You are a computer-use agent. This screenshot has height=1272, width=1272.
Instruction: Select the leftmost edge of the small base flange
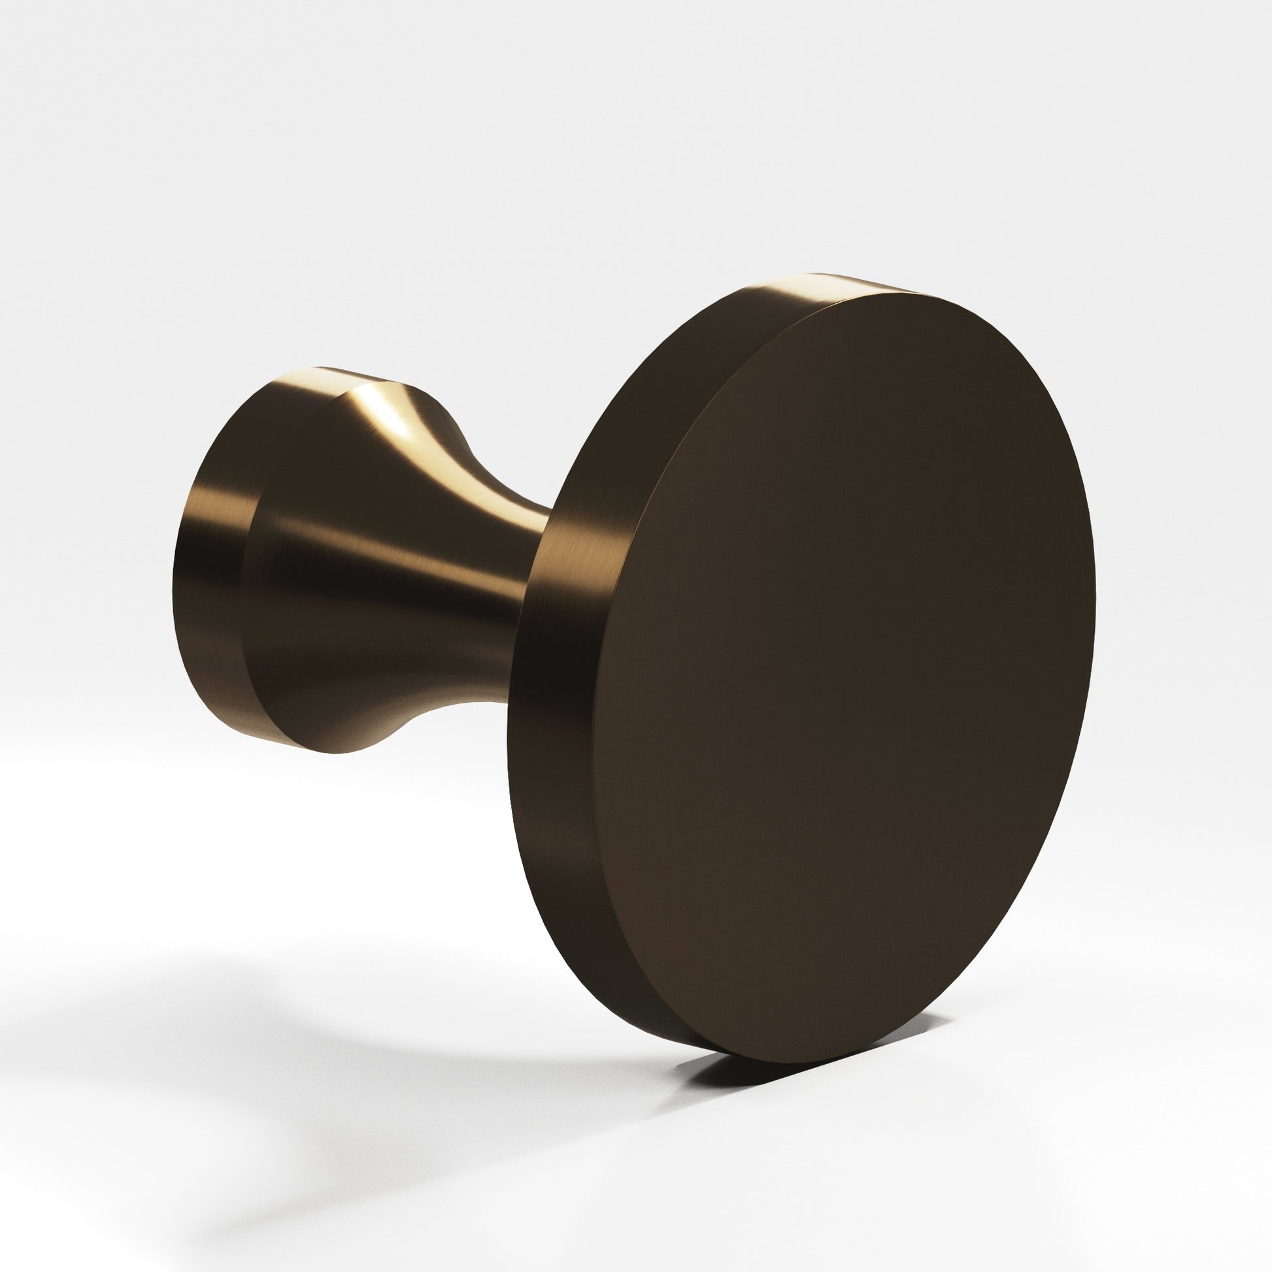coord(175,579)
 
